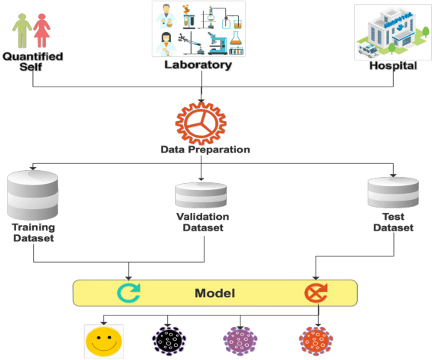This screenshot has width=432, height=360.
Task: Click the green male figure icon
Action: click(x=22, y=29)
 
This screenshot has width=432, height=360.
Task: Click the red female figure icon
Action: click(x=41, y=29)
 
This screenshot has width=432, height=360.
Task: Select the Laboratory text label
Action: click(x=198, y=65)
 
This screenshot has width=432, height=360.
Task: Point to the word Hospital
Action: click(x=393, y=66)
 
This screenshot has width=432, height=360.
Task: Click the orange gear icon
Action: click(x=201, y=122)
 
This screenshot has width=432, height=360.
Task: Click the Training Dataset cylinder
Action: click(x=32, y=196)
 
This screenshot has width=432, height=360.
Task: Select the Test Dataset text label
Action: click(x=393, y=223)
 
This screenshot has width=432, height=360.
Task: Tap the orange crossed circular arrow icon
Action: click(x=316, y=293)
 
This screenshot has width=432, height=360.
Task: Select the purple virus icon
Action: click(x=241, y=339)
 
